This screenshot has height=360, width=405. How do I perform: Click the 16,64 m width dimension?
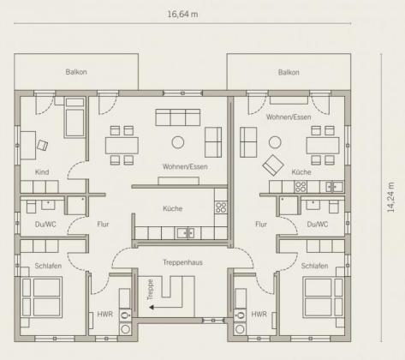[182, 14]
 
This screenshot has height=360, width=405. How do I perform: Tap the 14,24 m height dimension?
[391, 197]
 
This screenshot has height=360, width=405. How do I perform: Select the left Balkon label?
[76, 72]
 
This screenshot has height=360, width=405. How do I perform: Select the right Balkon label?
[289, 72]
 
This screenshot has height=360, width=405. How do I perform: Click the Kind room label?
[42, 172]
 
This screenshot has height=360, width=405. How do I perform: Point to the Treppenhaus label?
[182, 262]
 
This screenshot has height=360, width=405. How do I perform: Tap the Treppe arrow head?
[152, 308]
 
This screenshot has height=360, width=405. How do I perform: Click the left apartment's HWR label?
[104, 315]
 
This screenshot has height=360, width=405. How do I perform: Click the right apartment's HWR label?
[259, 315]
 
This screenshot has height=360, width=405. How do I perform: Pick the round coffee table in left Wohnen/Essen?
[178, 142]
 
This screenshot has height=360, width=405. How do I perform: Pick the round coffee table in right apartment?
[275, 142]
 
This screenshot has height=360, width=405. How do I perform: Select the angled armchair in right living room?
[273, 165]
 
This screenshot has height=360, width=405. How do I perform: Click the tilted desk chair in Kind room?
[42, 145]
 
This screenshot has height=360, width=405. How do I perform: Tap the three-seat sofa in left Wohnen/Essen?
[178, 117]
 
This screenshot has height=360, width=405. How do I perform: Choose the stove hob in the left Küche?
[221, 207]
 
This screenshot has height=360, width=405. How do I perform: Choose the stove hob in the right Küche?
[301, 187]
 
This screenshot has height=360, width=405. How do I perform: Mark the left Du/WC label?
[45, 225]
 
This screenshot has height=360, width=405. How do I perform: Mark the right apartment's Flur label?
[261, 225]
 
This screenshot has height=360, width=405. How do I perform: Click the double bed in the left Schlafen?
[42, 297]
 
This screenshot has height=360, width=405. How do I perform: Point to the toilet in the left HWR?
[125, 315]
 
